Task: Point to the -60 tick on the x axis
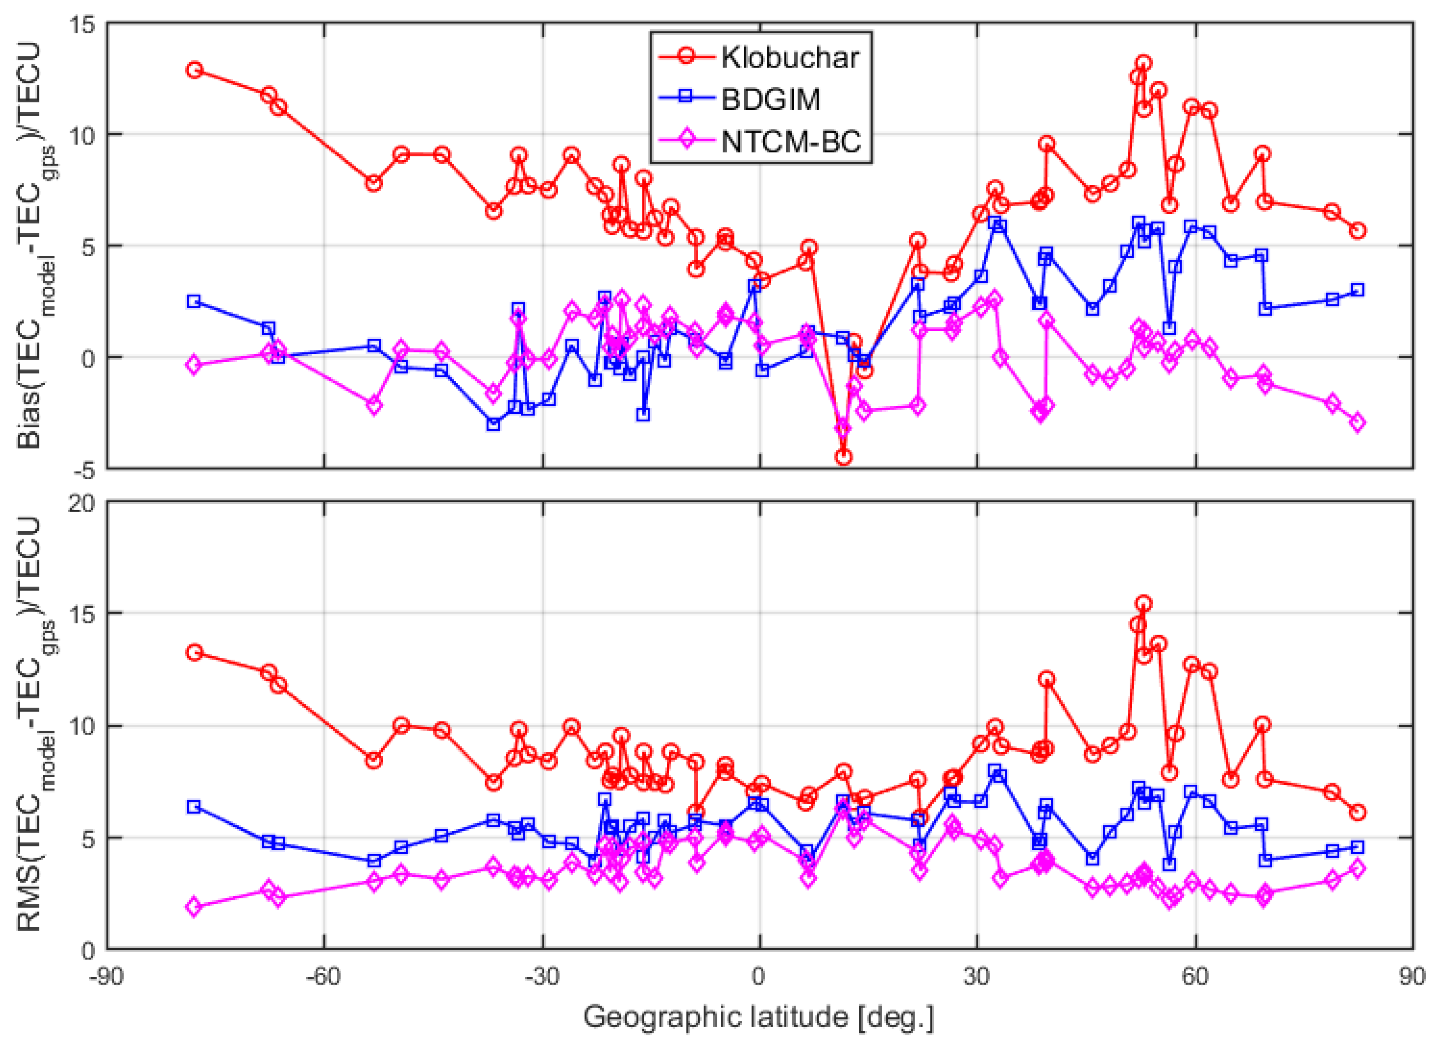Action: (324, 975)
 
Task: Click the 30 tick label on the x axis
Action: (977, 975)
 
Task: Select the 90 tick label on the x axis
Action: (1412, 975)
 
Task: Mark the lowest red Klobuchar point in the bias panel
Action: (843, 457)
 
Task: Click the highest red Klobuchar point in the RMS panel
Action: (1144, 603)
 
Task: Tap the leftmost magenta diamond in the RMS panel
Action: (194, 907)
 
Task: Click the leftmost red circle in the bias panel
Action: (194, 70)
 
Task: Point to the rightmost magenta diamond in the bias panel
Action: (1357, 423)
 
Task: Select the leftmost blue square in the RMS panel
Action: (194, 807)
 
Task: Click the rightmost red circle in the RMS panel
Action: (1357, 812)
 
